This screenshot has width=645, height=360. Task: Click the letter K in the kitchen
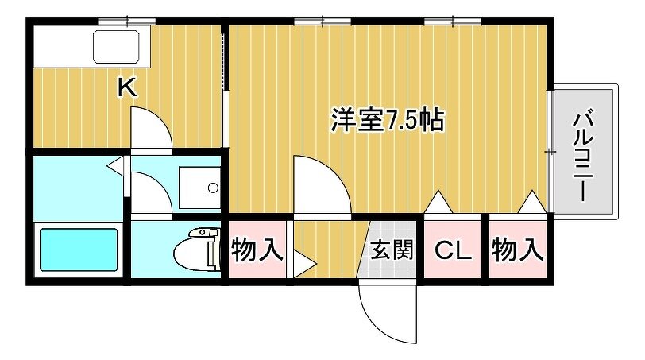pos(127,87)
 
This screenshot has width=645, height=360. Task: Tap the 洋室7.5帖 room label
pos(388,120)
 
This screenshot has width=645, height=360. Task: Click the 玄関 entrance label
pos(391,250)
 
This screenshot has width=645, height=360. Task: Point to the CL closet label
pos(453,250)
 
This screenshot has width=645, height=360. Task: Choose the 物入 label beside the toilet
pos(257,250)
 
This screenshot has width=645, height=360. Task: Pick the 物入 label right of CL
pos(517,250)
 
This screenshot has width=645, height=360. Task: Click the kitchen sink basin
pos(117,47)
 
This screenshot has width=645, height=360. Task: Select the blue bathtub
pos(78,250)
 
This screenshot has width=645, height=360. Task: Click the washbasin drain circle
pos(213,188)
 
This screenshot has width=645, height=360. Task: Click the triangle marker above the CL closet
pos(438,202)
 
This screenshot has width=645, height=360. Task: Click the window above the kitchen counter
pos(127,21)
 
